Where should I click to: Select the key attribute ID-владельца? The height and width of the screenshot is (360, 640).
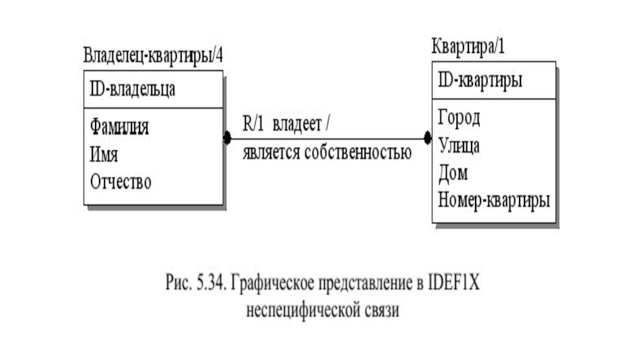(133, 89)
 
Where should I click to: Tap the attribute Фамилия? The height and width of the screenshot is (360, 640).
(121, 126)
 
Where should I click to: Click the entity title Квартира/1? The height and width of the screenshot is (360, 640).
(468, 46)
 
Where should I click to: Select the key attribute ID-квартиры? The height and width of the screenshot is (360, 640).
(481, 81)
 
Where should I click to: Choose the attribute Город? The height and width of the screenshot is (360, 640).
(459, 118)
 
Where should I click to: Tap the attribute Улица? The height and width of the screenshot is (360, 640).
(459, 146)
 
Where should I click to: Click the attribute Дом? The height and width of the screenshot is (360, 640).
(453, 172)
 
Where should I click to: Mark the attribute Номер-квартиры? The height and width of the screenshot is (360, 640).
(494, 199)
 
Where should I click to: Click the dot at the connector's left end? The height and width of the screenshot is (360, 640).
(227, 138)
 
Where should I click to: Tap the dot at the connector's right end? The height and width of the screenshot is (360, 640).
(427, 138)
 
